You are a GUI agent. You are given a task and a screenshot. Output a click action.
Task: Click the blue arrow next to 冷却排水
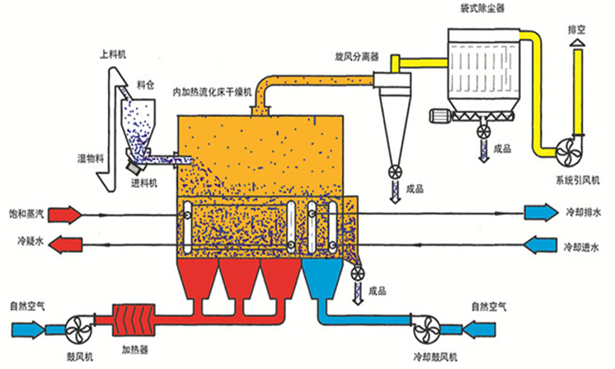(542, 214)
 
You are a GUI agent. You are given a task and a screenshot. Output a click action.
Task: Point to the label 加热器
(134, 349)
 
